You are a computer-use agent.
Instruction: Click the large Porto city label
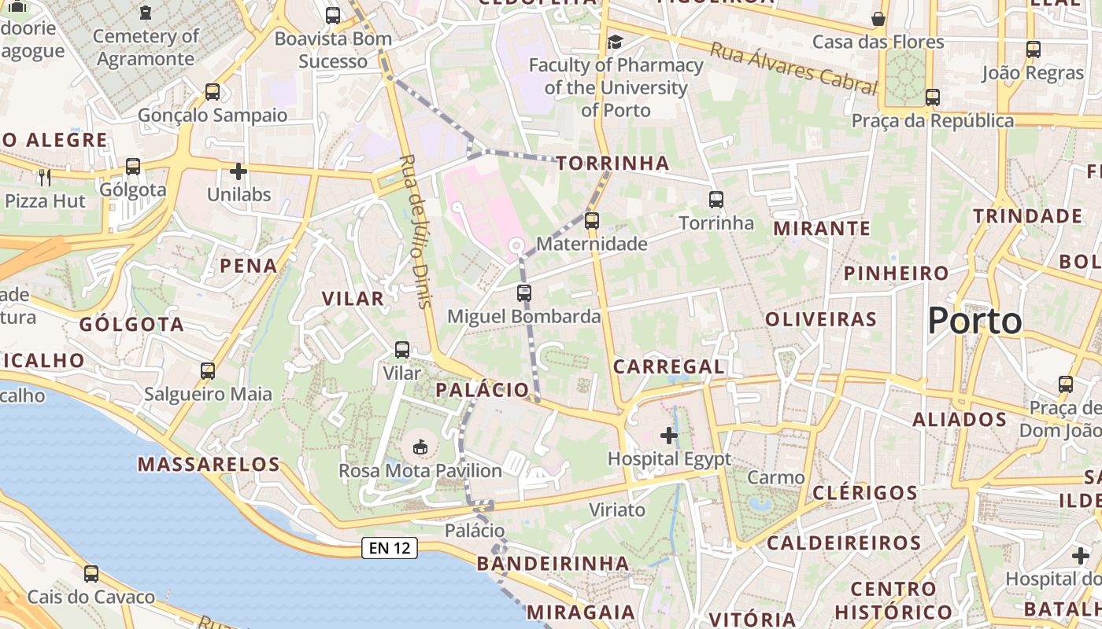point(974,321)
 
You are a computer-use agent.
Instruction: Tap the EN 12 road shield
point(389,548)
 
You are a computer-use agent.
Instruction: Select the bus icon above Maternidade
point(592,221)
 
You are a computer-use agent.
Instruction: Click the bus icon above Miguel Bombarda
point(524,293)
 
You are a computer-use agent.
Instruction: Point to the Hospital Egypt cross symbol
point(669,435)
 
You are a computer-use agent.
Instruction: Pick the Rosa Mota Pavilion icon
point(420,447)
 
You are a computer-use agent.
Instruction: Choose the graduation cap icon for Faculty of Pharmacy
point(615,42)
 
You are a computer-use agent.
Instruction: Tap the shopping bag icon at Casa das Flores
point(878,18)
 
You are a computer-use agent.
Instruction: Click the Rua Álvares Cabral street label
point(793,68)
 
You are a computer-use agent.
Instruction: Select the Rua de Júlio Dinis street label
point(416,230)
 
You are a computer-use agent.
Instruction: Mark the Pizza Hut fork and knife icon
point(45,177)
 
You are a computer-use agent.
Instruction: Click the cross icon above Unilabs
point(239,171)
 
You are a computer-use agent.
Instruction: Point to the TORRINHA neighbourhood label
point(612,164)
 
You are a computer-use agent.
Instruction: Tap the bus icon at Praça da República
point(933,97)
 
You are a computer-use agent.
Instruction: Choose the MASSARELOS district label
point(209,464)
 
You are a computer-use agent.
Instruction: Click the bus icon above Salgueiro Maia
point(208,370)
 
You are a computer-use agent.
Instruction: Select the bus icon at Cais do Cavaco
point(91,574)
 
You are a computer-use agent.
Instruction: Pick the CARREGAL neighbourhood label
point(668,366)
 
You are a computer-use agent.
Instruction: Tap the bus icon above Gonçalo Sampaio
point(213,91)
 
